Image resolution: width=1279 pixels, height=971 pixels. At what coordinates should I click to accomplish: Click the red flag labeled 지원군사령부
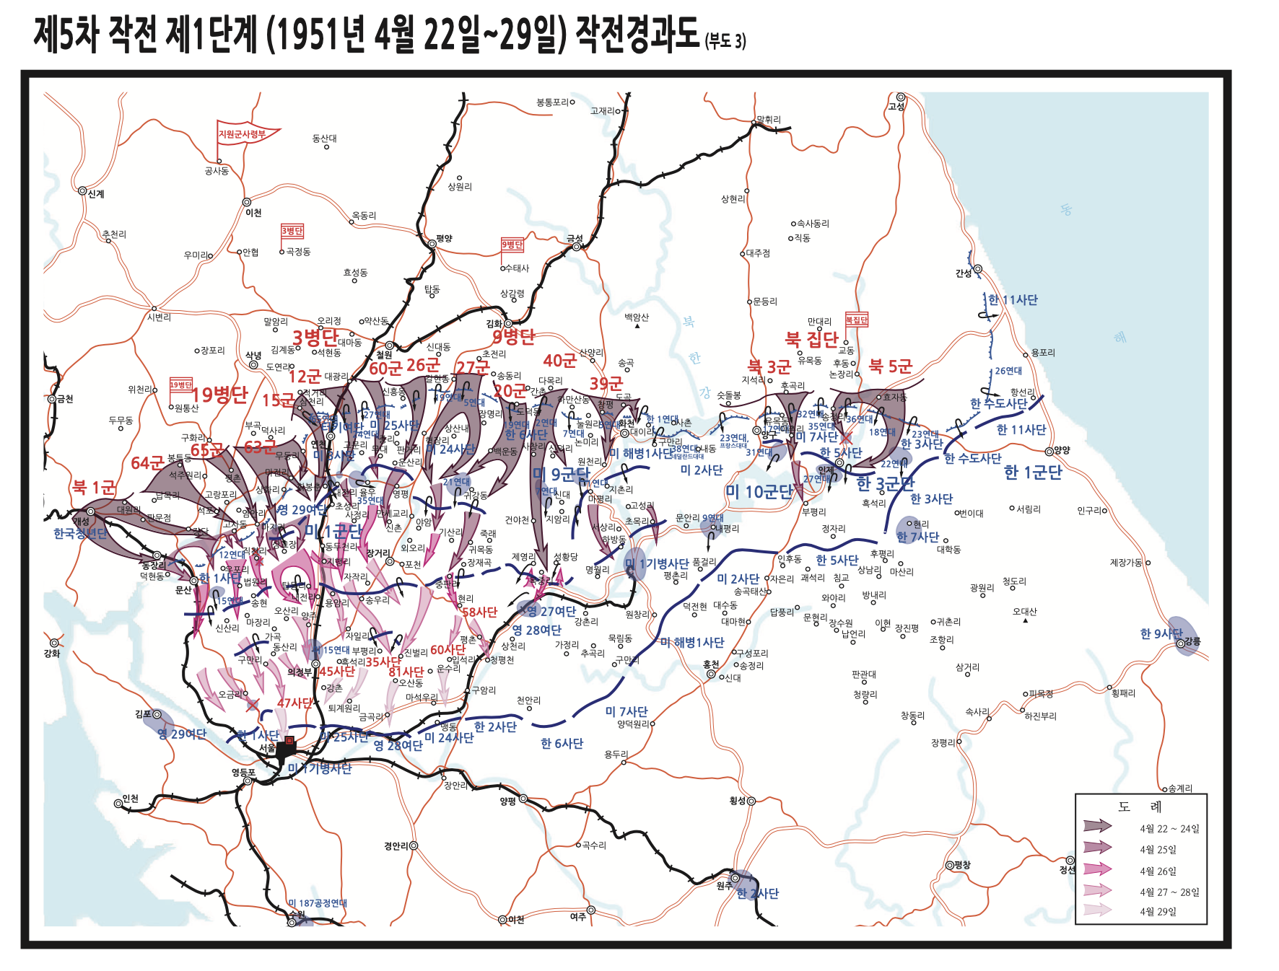click(x=243, y=134)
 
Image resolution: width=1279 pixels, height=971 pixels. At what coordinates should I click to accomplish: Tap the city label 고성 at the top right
click(x=896, y=107)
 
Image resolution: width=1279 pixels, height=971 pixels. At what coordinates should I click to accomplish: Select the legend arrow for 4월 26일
click(x=1097, y=869)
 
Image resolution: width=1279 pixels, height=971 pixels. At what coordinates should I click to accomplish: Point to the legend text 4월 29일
click(x=1158, y=912)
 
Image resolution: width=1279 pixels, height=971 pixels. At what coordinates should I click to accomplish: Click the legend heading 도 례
click(x=1140, y=807)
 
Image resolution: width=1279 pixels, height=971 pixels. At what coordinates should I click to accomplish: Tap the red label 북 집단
click(x=811, y=338)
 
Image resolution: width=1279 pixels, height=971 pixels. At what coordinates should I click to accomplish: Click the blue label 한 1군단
click(x=1032, y=473)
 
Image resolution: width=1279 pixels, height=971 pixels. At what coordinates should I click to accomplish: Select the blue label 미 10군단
click(x=759, y=492)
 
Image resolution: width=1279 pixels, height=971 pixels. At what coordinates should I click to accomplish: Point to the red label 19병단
click(x=219, y=395)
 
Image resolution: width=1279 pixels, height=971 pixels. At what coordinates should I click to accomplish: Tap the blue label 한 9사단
click(x=1161, y=633)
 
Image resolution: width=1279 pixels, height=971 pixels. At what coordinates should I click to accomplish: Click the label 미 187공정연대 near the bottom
click(x=318, y=903)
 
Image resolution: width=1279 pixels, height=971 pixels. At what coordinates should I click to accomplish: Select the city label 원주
click(x=724, y=886)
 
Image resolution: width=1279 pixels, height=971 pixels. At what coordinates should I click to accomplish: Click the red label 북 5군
click(x=891, y=366)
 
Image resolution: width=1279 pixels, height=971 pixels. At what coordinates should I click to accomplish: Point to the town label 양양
click(x=1062, y=450)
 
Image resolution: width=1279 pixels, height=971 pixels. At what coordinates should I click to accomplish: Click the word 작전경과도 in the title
click(x=637, y=34)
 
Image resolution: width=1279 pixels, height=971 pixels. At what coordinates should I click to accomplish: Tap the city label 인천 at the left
click(x=130, y=799)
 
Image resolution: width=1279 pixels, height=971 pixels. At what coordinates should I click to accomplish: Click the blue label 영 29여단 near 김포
click(x=182, y=734)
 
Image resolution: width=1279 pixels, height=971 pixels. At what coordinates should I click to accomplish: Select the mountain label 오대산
click(x=1024, y=612)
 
